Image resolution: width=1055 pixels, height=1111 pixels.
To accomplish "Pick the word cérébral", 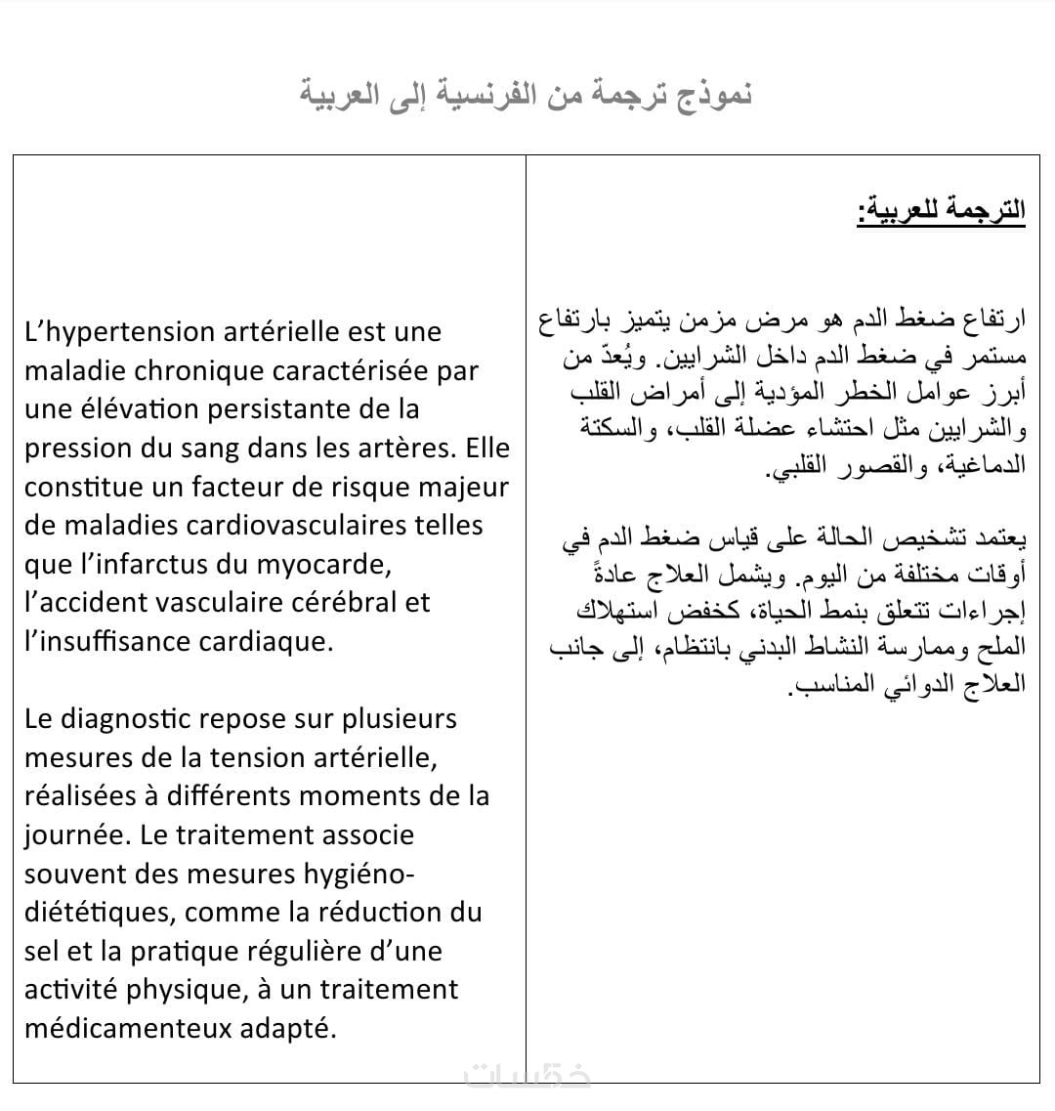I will (343, 603).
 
